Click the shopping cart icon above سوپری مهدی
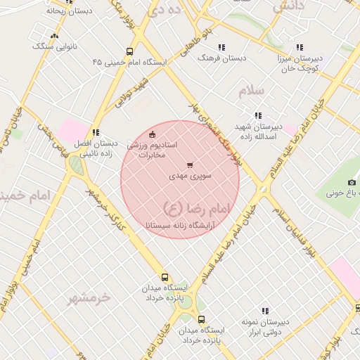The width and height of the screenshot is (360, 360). (189, 165)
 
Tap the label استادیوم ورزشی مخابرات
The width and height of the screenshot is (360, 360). (152, 149)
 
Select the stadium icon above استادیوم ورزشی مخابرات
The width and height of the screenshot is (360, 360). (153, 134)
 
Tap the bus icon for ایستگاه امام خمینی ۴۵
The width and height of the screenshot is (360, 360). (129, 51)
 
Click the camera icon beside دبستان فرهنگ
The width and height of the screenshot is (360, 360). (222, 47)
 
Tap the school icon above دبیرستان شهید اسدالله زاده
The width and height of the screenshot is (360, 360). (258, 115)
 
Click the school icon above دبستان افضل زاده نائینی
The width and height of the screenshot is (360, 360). (96, 131)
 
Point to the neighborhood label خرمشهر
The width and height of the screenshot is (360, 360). (89, 298)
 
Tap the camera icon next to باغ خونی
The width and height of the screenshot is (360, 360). (332, 184)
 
